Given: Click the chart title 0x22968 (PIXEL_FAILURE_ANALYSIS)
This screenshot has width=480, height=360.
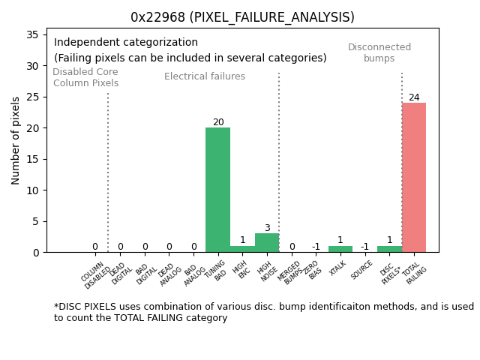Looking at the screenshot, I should [x=242, y=16].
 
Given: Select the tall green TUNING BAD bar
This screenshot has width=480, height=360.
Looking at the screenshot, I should [x=217, y=190].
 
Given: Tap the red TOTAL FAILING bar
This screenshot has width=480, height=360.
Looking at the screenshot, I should [x=413, y=178].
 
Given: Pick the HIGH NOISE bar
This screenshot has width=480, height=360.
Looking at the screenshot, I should [x=267, y=243].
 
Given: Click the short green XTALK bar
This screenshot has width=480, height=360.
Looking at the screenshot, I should [x=340, y=249].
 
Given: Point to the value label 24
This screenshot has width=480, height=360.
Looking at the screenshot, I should [x=414, y=97].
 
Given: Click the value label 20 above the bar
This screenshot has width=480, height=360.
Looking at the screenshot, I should [x=218, y=122].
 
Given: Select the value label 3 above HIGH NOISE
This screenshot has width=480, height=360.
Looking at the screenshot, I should [x=267, y=228].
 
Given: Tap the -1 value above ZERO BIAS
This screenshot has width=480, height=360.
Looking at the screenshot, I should [x=316, y=247].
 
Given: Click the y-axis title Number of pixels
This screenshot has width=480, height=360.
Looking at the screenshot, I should [x=16, y=140].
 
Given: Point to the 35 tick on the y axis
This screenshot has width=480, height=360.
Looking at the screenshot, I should [x=32, y=34].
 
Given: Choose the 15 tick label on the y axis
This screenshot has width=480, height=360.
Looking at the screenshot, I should [x=32, y=159].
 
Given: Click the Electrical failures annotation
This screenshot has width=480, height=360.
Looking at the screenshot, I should [x=205, y=76].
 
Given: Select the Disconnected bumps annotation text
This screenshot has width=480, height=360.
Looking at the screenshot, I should [x=379, y=52].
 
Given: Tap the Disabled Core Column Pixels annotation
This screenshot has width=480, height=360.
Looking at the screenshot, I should [x=85, y=77].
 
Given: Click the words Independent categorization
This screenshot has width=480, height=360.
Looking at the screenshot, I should [x=126, y=43].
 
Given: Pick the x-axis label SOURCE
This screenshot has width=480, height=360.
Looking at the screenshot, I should [x=362, y=270].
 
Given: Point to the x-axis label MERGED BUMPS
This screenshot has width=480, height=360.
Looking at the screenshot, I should [x=290, y=272].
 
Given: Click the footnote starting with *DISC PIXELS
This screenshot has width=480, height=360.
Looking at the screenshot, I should [x=263, y=312].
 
